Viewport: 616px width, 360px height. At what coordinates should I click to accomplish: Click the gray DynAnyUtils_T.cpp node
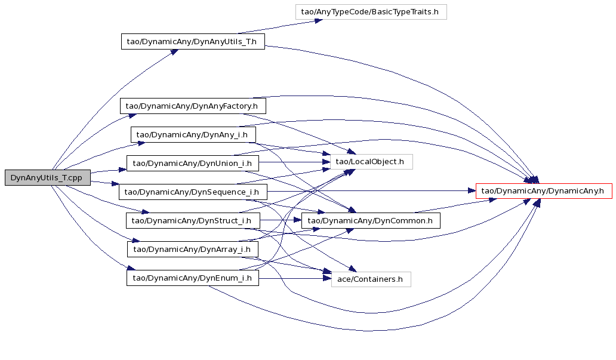point(48,178)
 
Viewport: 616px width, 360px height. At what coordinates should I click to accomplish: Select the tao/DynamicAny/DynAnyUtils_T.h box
point(193,42)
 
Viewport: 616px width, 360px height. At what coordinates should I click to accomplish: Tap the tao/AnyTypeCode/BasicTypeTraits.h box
point(371,12)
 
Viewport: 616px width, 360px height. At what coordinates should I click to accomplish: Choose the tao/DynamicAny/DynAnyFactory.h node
point(193,106)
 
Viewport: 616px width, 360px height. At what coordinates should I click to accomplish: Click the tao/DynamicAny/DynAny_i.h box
point(193,135)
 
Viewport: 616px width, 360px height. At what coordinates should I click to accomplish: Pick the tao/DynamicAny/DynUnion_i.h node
point(192,164)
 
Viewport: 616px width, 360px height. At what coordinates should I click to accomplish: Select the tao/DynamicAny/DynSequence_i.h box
point(193,192)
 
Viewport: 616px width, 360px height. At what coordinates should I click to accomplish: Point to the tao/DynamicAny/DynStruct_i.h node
point(192,220)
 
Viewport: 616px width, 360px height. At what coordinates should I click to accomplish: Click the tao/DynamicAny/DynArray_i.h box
point(192,249)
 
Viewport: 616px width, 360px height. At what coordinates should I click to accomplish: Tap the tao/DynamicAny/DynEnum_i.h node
point(192,278)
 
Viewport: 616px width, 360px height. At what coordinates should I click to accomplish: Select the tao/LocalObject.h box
point(371,162)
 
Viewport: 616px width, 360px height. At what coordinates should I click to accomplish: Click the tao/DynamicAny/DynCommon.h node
point(371,220)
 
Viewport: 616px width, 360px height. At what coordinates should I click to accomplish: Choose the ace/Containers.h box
point(371,279)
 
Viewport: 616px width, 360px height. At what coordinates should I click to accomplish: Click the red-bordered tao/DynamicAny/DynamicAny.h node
point(544,191)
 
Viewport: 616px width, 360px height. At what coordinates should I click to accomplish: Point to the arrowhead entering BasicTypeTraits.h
point(319,20)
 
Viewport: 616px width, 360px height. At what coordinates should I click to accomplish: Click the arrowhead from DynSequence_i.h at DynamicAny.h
point(472,191)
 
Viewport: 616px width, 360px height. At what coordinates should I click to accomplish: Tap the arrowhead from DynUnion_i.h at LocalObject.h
point(327,162)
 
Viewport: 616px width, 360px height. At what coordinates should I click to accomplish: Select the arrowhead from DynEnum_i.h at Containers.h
point(327,279)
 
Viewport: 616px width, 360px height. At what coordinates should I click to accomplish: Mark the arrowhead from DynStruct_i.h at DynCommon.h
point(297,220)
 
